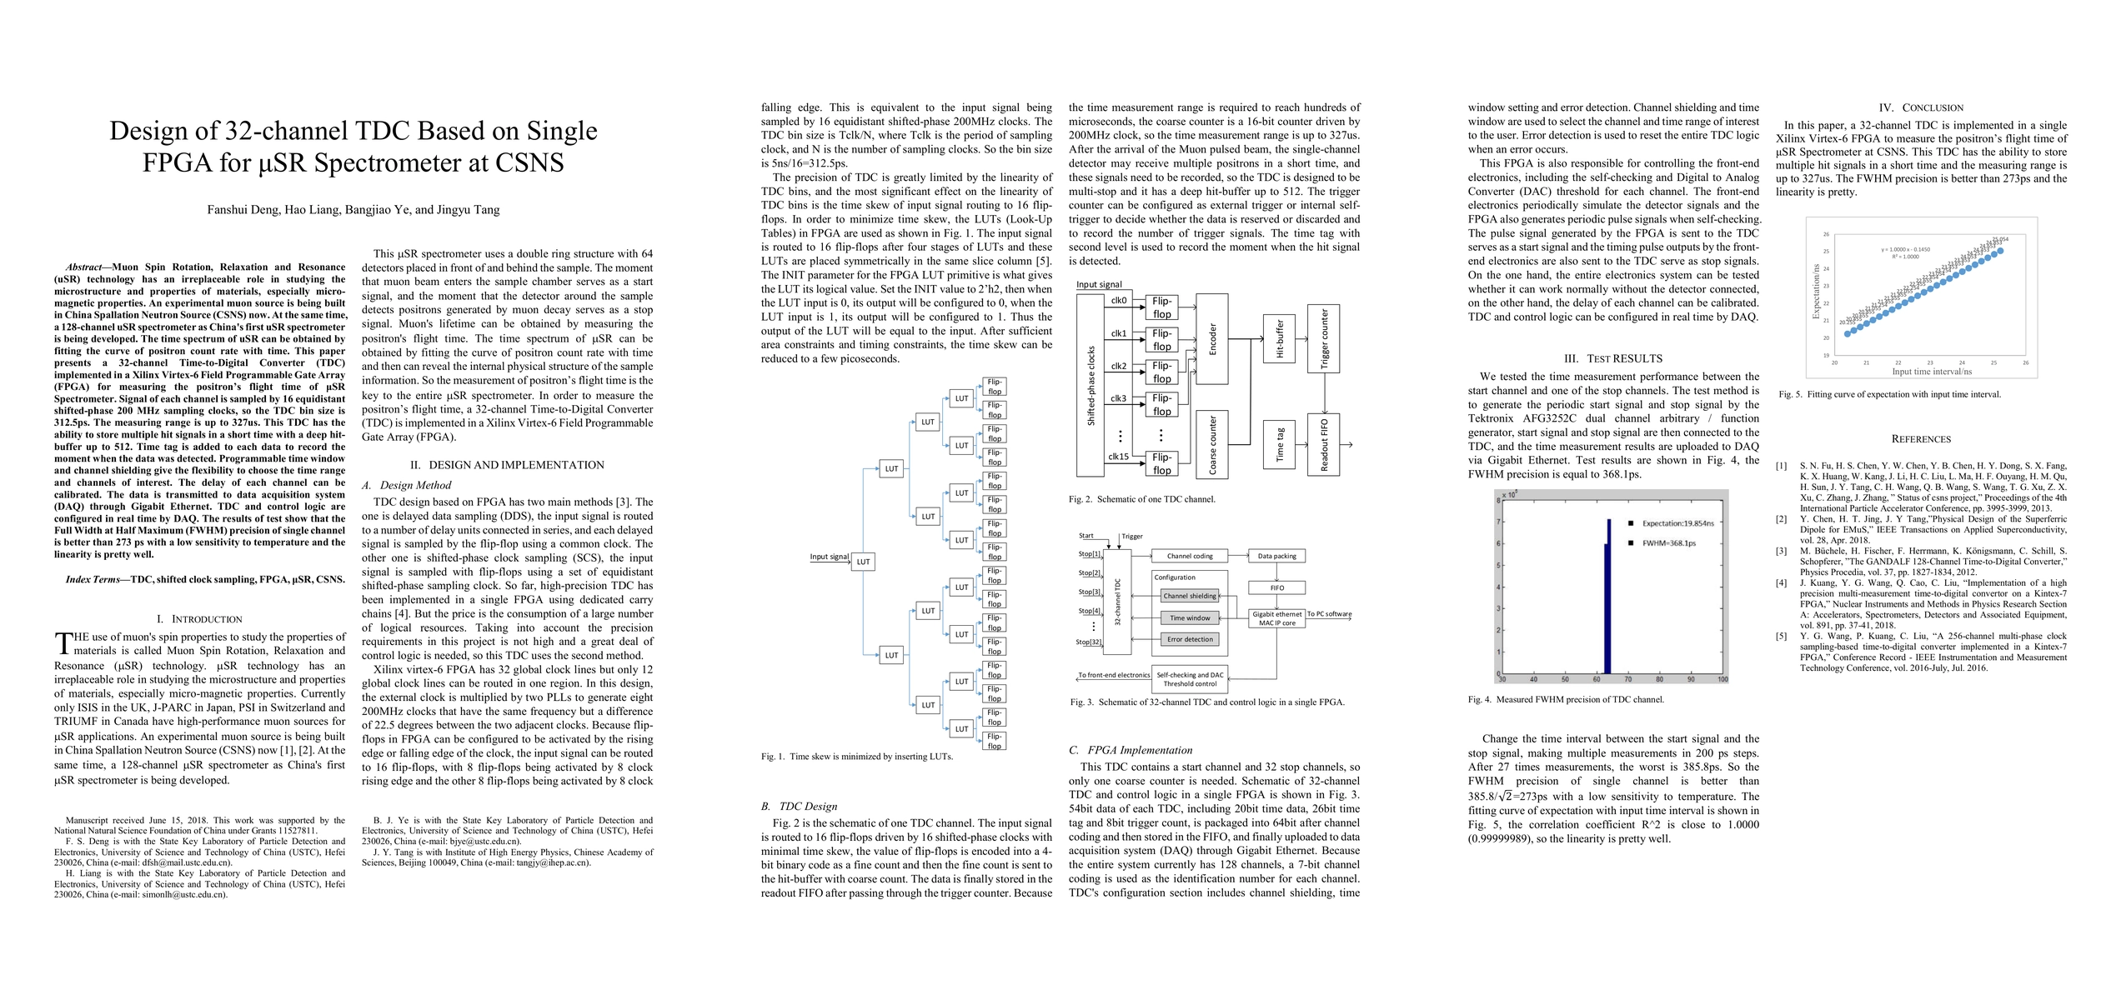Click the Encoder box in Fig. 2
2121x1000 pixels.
click(x=1212, y=339)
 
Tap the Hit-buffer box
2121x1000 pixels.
click(x=1280, y=339)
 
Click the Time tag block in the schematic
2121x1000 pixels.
click(x=1280, y=444)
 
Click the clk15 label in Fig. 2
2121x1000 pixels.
click(x=1118, y=457)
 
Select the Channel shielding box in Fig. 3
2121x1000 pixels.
click(x=1190, y=596)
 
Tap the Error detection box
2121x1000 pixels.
click(x=1190, y=639)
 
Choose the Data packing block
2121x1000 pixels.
click(x=1276, y=556)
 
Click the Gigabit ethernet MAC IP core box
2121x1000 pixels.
click(x=1276, y=618)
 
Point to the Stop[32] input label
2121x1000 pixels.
click(x=1089, y=642)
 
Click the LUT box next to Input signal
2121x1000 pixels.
click(x=863, y=562)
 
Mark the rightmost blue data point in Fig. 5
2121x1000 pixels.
click(x=2000, y=250)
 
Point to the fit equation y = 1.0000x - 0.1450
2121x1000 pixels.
click(x=1898, y=249)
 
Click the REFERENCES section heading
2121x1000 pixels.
click(x=1921, y=439)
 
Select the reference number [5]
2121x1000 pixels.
click(x=1781, y=637)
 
